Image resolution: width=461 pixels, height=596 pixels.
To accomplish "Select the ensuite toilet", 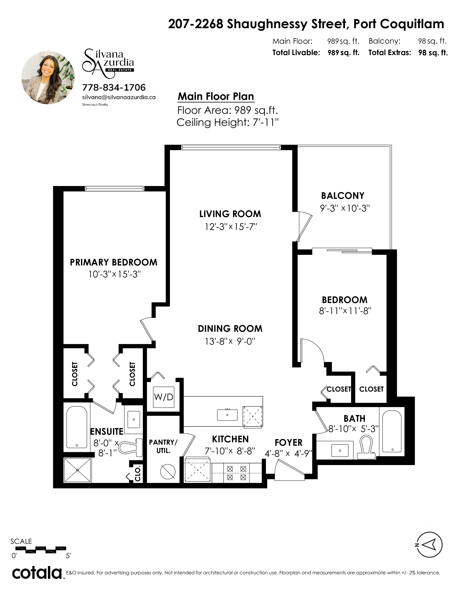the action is pos(132,448).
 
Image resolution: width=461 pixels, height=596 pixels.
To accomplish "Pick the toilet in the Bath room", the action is pos(366,448).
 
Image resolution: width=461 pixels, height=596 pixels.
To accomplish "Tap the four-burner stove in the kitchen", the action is pos(236,473).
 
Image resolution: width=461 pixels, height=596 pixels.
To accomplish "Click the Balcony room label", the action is pos(343,196).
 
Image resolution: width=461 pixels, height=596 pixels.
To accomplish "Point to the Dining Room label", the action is pos(230,329).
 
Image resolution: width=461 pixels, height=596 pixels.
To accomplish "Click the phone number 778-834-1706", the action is pos(114,87).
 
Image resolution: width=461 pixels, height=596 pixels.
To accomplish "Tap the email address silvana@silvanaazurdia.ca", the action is pos(119,97).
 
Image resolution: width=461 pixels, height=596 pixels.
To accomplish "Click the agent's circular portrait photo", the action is pos(48,77).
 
